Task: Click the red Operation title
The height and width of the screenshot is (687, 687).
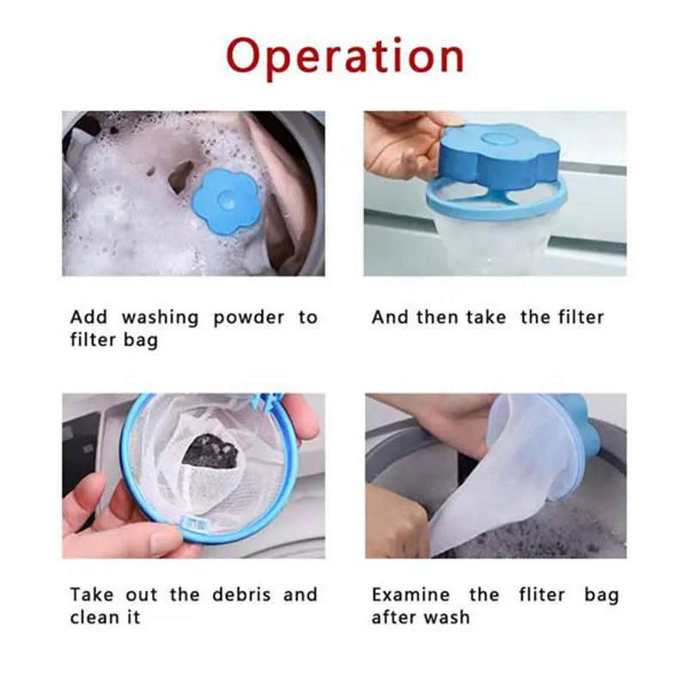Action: (344, 57)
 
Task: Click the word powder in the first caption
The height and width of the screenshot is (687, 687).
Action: (248, 317)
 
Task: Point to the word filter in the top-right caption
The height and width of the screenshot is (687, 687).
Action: (575, 317)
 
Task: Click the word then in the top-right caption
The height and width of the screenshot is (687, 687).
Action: (437, 317)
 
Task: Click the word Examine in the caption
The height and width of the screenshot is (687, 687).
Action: (410, 594)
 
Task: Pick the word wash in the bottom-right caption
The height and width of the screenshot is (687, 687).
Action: (452, 617)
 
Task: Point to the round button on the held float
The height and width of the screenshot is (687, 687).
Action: (496, 137)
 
